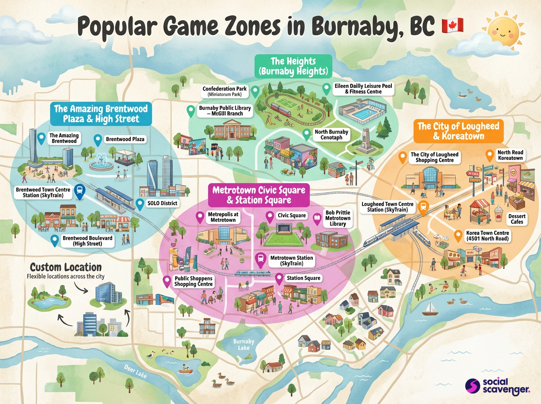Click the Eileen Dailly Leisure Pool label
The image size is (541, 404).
[364, 89]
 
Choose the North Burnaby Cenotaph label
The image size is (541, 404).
[331, 134]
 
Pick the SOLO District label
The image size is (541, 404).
[162, 203]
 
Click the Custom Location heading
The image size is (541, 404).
[66, 267]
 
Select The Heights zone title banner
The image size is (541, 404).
[293, 66]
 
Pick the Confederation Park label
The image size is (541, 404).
[225, 92]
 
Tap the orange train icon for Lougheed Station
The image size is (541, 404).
[423, 207]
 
